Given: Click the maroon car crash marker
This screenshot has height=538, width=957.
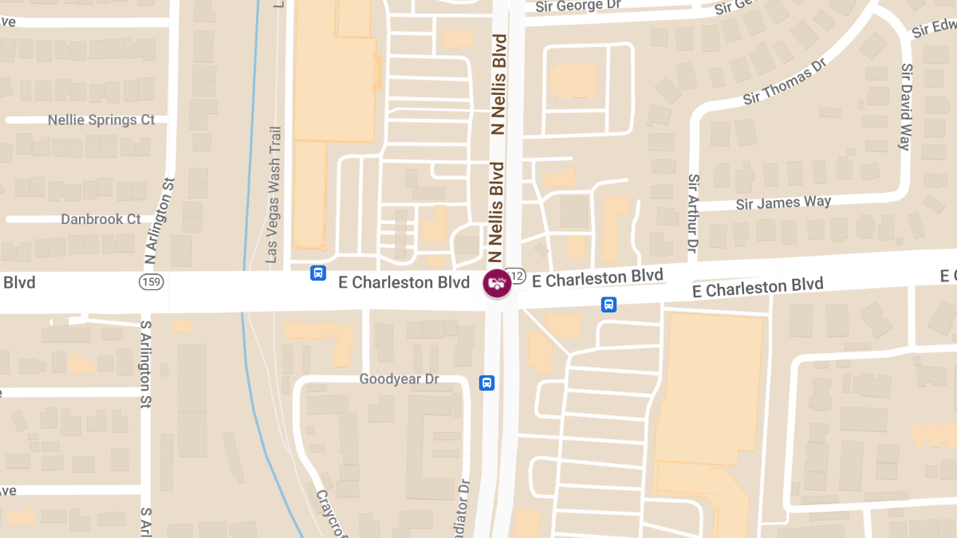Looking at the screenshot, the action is [x=497, y=283].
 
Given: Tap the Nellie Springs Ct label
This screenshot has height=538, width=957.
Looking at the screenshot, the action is [x=101, y=120].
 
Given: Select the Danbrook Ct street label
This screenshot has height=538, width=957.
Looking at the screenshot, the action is [x=100, y=219].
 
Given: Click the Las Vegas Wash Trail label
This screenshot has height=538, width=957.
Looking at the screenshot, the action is [x=274, y=195].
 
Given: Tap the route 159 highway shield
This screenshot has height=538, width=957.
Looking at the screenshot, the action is [x=150, y=282].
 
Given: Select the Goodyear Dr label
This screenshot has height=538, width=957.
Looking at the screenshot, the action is [x=399, y=379].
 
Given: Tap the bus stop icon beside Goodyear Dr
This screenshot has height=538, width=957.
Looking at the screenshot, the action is [x=486, y=383].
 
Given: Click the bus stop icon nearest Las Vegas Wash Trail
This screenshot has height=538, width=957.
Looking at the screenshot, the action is [x=317, y=273].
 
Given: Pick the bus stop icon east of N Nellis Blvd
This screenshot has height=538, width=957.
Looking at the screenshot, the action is [x=608, y=304].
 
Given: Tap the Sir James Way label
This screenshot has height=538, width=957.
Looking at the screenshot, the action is [x=782, y=202].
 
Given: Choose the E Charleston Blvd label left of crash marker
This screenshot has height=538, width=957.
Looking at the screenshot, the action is [x=404, y=282].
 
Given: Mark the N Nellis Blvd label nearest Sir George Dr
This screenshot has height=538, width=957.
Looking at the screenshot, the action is [x=500, y=84].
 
